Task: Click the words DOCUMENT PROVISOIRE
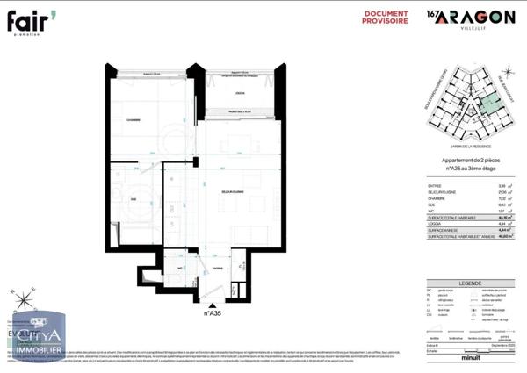coord(385,18)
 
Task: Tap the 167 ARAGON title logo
coord(470,18)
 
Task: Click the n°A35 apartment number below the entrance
coord(213,312)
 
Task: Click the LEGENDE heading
coord(464,283)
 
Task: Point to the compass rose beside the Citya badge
coord(25,303)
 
